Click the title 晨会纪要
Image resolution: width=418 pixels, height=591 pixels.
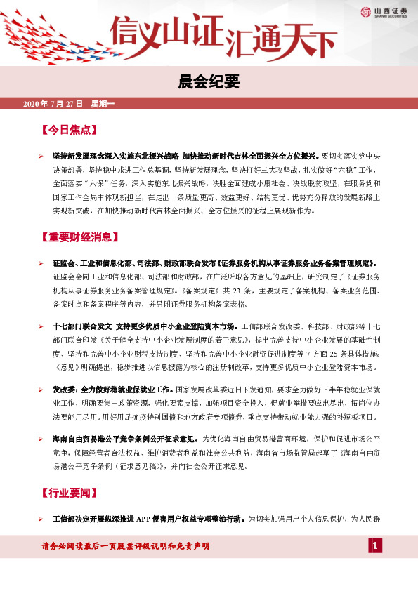tap(209, 81)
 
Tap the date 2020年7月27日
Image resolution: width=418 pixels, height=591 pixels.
tap(53, 104)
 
